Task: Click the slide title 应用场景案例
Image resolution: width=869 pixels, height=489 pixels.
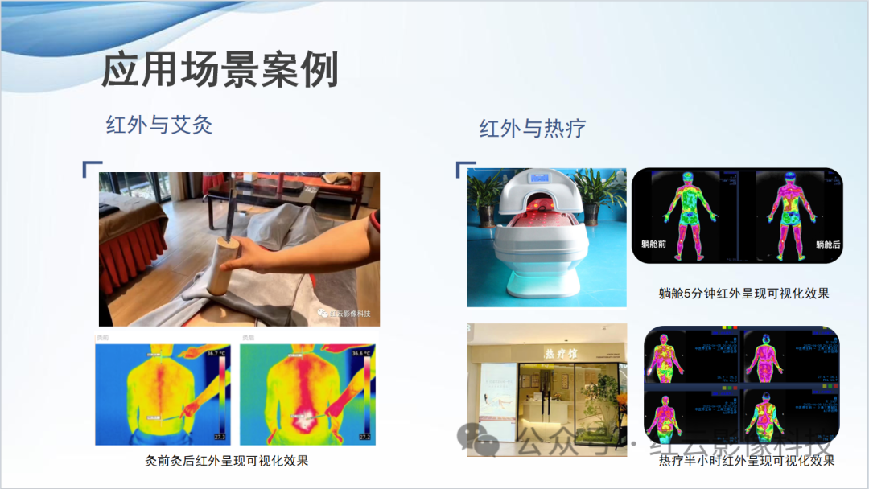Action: [x=220, y=70]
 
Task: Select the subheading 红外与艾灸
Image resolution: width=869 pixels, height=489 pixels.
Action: [x=159, y=125]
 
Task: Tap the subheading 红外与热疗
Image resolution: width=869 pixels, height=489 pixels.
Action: [x=532, y=128]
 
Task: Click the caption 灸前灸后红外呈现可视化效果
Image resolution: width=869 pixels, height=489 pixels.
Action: [x=226, y=461]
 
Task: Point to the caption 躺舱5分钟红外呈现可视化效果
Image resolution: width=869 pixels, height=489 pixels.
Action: [x=743, y=294]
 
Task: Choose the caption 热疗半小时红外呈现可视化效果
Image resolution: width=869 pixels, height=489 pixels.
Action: [x=746, y=461]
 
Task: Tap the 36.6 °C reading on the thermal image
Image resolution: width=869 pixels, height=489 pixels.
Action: [x=359, y=354]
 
